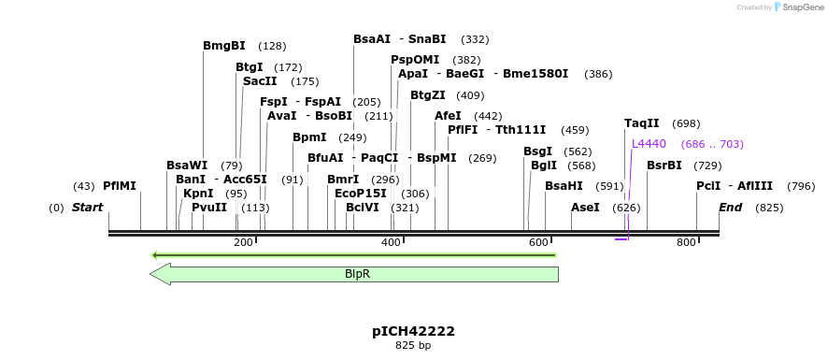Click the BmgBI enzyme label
pos(224,46)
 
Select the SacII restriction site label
pos(260,81)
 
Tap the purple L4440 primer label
pos(649,144)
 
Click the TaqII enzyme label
pos(642,123)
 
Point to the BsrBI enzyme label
pos(664,166)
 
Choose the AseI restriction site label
pos(585,207)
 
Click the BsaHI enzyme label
pos(564,186)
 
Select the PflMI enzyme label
pos(120,186)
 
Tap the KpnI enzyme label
pos(198,194)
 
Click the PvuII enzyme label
pos(209,208)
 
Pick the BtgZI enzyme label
pos(428,95)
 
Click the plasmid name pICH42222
pos(413,331)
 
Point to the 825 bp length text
pos(413,346)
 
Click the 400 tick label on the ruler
pos(391,243)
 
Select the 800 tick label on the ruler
pos(686,243)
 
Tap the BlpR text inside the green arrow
pos(358,274)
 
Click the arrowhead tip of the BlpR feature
pos(151,274)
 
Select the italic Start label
pos(87,207)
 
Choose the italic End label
pos(732,207)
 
